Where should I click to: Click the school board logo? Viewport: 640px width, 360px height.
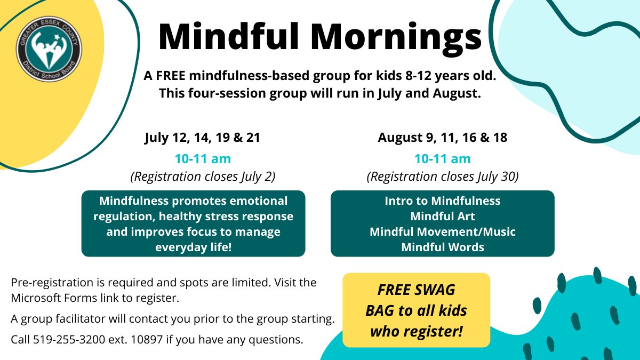coord(49,52)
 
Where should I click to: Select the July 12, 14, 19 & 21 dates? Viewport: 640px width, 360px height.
coord(202,138)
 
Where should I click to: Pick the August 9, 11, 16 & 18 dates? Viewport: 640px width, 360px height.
coord(442,138)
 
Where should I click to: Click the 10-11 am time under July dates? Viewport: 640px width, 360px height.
coord(203,158)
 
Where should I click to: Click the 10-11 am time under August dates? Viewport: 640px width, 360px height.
coord(443,158)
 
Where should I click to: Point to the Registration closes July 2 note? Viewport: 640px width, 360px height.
coord(203,177)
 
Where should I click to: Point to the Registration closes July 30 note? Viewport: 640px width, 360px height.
coord(443,177)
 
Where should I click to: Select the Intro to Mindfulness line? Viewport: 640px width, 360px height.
coord(443,201)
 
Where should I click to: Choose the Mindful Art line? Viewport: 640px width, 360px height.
coord(443,217)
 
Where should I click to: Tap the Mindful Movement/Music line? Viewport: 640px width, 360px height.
coord(443,232)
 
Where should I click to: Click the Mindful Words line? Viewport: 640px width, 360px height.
coord(443,247)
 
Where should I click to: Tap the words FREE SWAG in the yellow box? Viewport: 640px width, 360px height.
coord(416,290)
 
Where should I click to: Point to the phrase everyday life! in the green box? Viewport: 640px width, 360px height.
coord(193,247)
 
